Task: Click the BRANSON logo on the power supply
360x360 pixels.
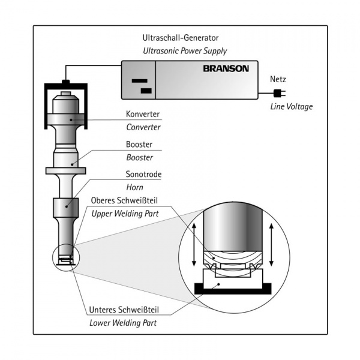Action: coord(226,69)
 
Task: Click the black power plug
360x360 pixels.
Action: coord(278,92)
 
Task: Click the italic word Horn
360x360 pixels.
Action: coord(134,187)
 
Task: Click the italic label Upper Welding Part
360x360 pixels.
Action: coord(127,213)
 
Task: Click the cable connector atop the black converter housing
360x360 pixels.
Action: coord(66,82)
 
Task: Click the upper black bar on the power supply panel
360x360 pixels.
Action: coord(140,81)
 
